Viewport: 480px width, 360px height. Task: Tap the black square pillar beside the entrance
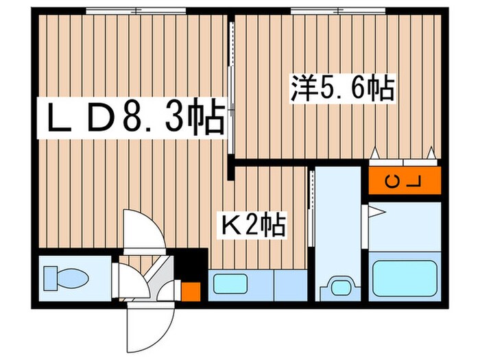click(194, 263)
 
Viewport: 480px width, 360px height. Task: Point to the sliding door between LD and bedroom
click(231, 103)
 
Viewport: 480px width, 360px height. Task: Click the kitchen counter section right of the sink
click(288, 283)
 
